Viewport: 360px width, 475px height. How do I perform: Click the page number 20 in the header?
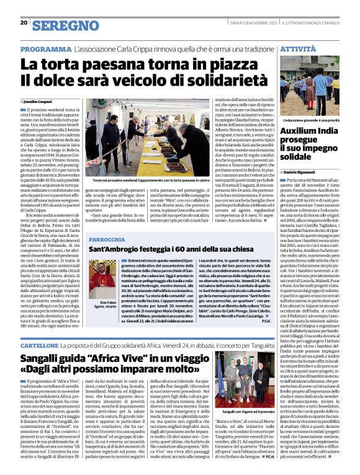coord(23,23)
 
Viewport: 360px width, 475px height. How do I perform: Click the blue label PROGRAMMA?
coord(43,48)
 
